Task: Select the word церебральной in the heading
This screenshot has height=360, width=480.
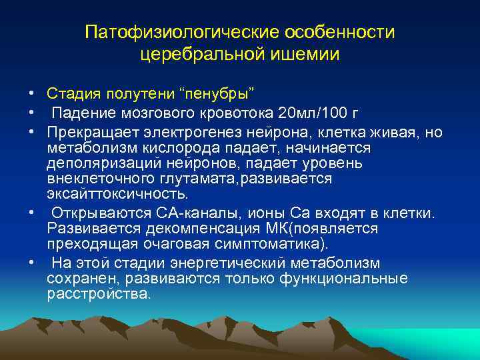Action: coord(207,54)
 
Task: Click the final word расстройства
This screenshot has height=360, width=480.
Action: coord(99,294)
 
